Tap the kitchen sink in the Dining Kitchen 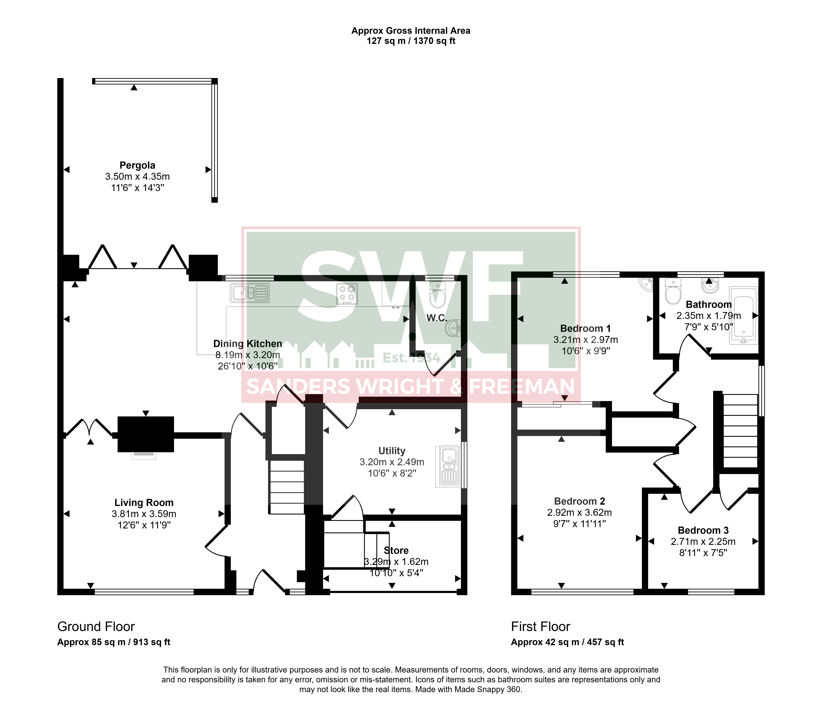250,293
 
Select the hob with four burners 347,294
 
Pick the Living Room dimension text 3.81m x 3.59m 144,514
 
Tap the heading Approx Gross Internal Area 411,31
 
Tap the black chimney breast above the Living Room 146,434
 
